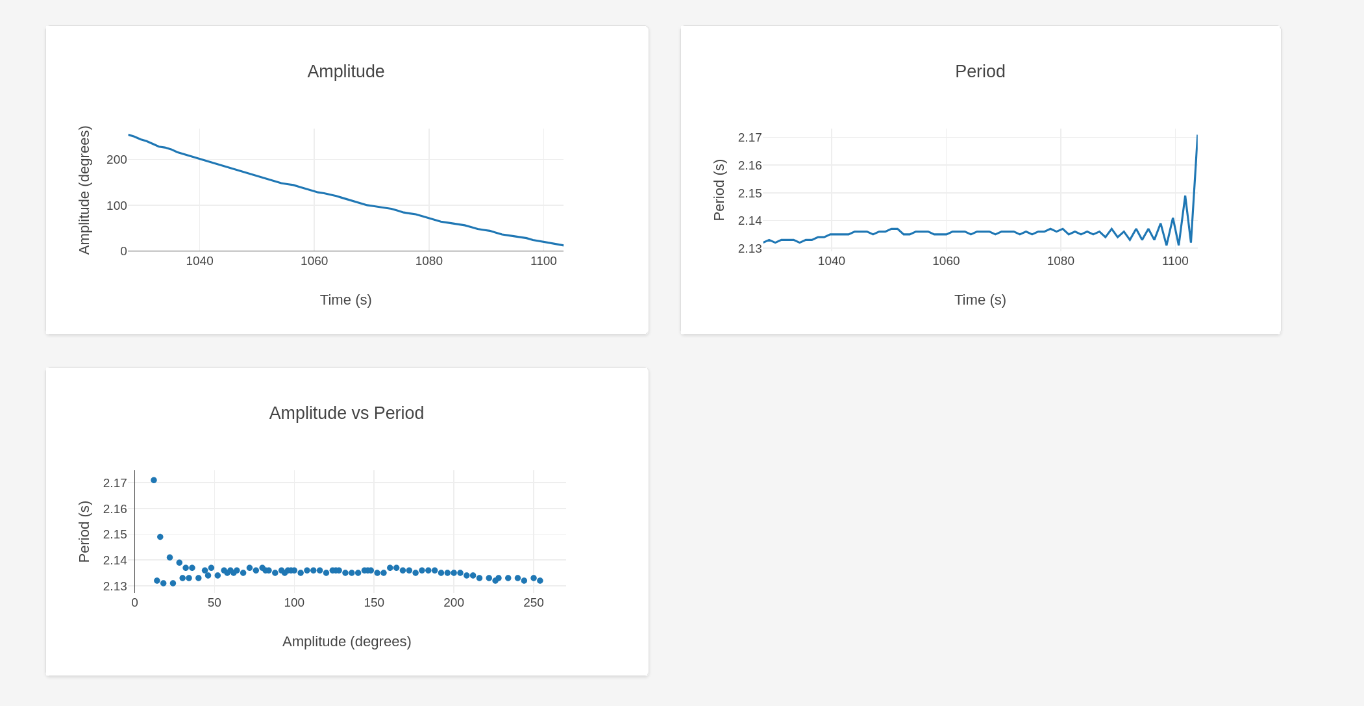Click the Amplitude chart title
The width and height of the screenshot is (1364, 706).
pyautogui.click(x=345, y=71)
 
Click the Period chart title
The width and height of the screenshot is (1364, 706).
pyautogui.click(x=980, y=71)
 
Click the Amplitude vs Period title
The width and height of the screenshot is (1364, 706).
pyautogui.click(x=346, y=413)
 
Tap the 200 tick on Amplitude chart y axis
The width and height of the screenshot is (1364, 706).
pyautogui.click(x=117, y=160)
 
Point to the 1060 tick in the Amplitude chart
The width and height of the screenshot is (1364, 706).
pyautogui.click(x=314, y=261)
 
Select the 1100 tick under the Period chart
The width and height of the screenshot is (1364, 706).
pyautogui.click(x=1175, y=261)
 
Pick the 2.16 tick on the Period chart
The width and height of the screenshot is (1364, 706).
pyautogui.click(x=750, y=166)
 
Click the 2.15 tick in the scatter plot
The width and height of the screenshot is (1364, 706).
pyautogui.click(x=115, y=535)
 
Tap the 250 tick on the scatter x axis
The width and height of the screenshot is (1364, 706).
pyautogui.click(x=534, y=603)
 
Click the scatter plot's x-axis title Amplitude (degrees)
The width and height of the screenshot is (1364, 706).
pyautogui.click(x=347, y=642)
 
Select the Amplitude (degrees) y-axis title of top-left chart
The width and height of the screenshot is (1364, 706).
pyautogui.click(x=84, y=190)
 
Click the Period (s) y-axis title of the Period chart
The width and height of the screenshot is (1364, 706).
pyautogui.click(x=719, y=190)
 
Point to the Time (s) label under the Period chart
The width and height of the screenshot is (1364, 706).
pyautogui.click(x=980, y=300)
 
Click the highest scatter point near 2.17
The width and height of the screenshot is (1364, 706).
pyautogui.click(x=154, y=481)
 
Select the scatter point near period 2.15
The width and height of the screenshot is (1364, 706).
pyautogui.click(x=160, y=537)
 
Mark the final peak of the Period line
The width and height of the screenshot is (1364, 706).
pyautogui.click(x=1197, y=136)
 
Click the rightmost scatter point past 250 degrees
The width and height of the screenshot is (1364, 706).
pyautogui.click(x=540, y=581)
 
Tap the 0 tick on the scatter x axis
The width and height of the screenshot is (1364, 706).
pyautogui.click(x=134, y=603)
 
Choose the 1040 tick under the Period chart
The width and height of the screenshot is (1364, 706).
pyautogui.click(x=831, y=261)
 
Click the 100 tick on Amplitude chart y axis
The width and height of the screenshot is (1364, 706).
pyautogui.click(x=117, y=206)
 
